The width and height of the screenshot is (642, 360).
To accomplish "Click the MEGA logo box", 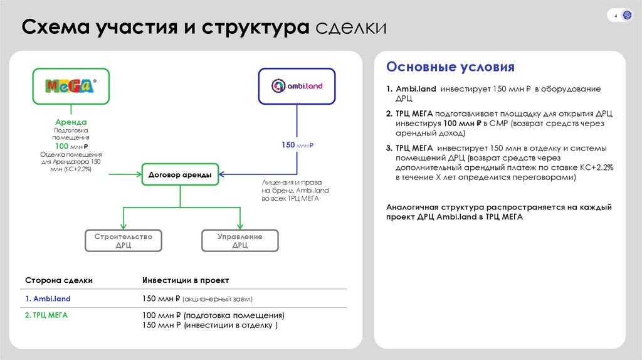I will (70, 86).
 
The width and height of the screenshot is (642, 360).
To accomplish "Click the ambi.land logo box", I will (297, 86).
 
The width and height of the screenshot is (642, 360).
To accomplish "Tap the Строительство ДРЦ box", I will (123, 241).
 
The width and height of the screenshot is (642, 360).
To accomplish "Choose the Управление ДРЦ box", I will (239, 241).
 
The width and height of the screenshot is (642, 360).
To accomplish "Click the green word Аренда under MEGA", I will (70, 122).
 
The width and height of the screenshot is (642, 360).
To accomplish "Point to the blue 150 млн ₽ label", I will (297, 146).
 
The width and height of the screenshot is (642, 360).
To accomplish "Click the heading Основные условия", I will (450, 67).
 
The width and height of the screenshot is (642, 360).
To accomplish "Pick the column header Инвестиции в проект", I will (186, 280).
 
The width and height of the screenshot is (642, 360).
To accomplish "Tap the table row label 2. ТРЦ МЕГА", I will (46, 315).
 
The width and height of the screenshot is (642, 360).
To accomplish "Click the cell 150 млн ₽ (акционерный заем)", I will (197, 299).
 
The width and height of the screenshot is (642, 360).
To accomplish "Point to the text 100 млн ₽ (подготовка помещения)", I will (213, 315).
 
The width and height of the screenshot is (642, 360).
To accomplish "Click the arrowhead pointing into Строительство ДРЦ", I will (123, 227).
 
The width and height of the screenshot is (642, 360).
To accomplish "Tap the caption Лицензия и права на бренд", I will (295, 186).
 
